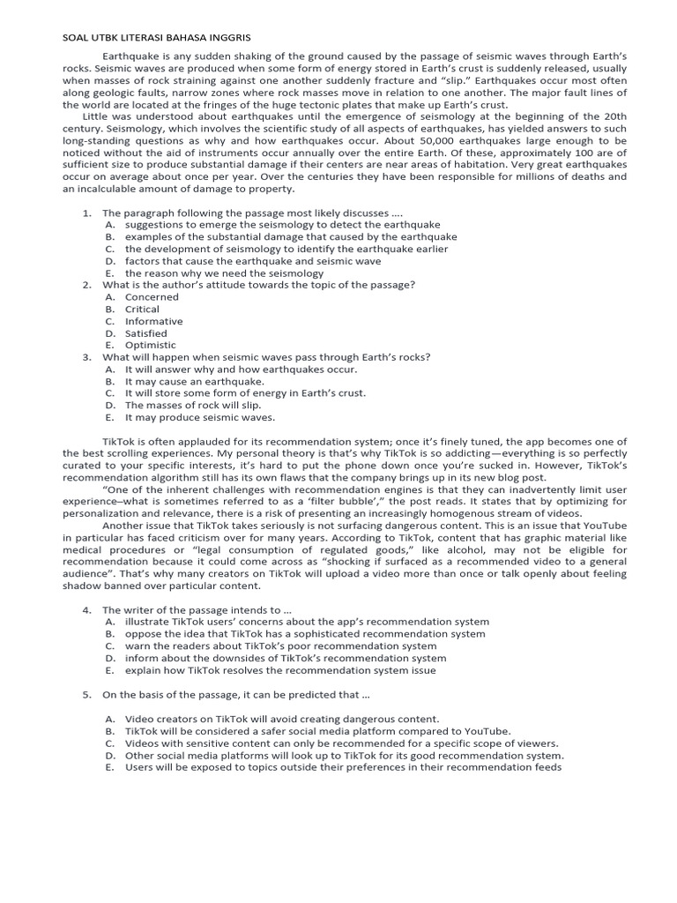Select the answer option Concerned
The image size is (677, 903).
click(153, 297)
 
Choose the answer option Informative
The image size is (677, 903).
click(153, 321)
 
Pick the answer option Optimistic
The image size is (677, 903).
click(151, 345)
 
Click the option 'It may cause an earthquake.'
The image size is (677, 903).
click(195, 381)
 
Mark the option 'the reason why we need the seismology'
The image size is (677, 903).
click(224, 273)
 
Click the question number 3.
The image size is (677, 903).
click(86, 357)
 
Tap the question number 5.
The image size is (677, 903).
click(86, 694)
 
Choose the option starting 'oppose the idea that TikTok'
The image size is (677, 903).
click(304, 633)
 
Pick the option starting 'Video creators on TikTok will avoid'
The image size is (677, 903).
click(281, 719)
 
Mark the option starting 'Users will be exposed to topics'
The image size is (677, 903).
click(343, 767)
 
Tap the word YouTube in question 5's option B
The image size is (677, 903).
click(487, 731)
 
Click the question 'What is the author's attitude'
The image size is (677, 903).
click(258, 285)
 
